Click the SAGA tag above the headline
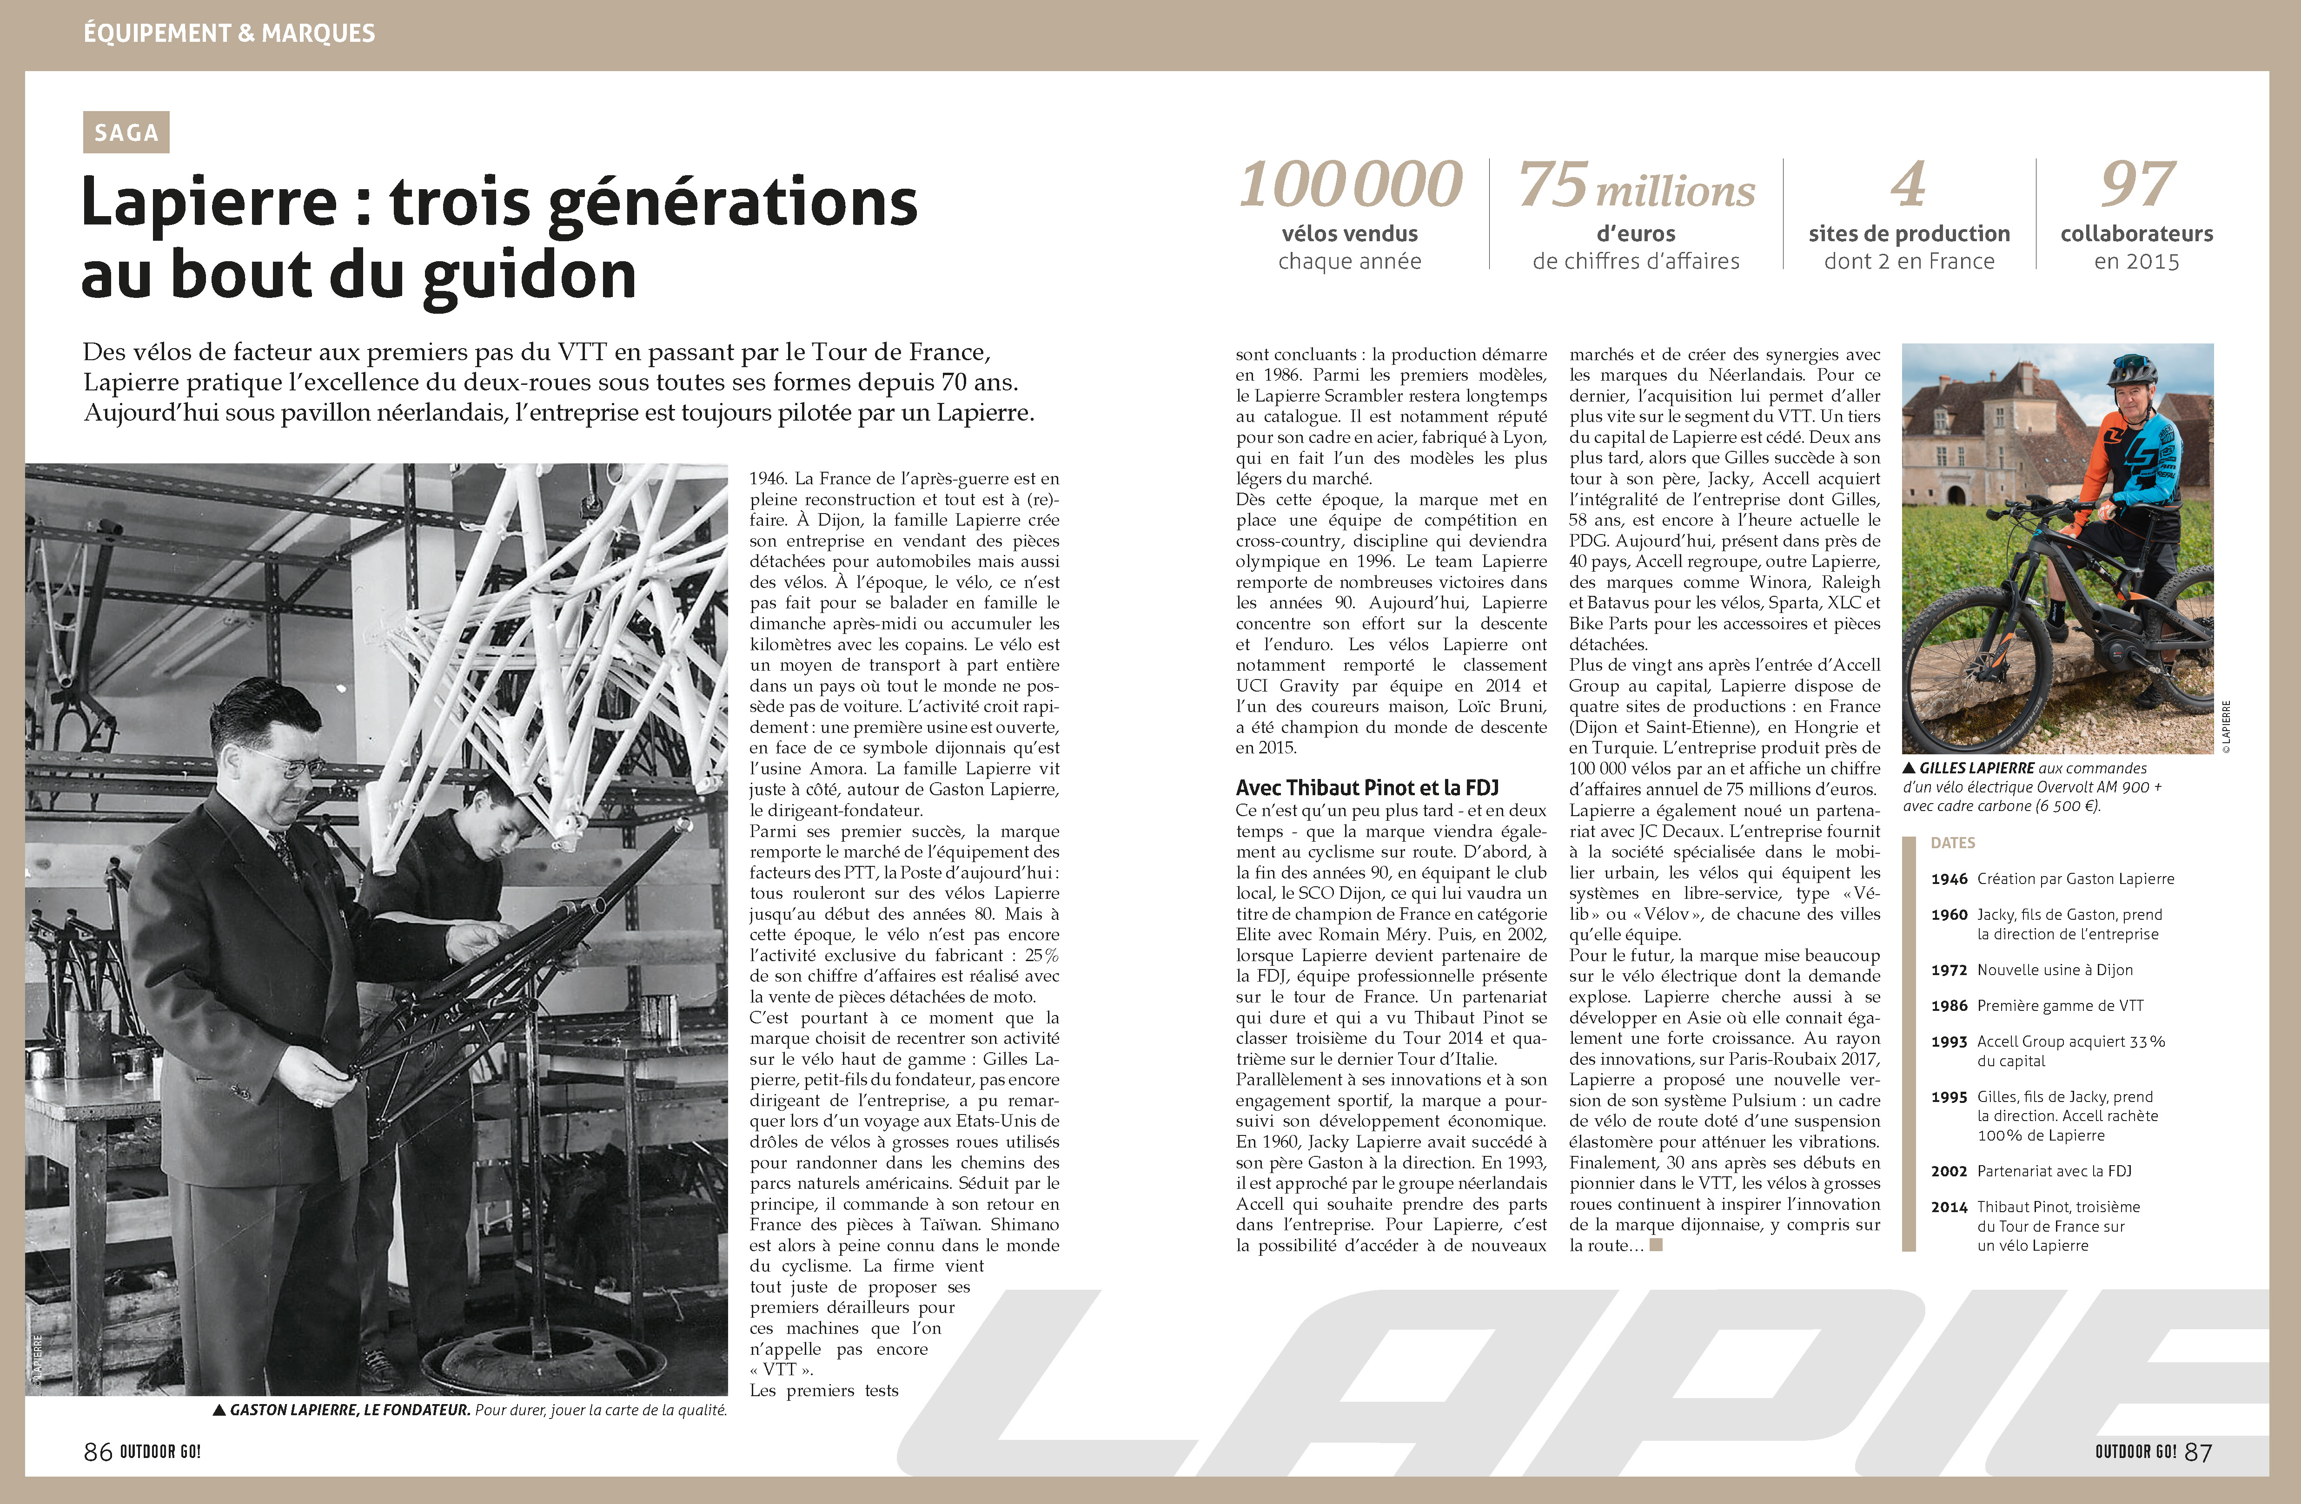click(x=126, y=132)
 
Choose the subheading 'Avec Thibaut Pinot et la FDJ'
click(x=1367, y=788)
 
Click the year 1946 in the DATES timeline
click(x=1949, y=878)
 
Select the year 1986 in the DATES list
click(x=1949, y=1005)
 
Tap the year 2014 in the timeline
click(x=1949, y=1206)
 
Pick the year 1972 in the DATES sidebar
click(x=1949, y=970)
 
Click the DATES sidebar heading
click(x=1953, y=843)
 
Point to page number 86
click(x=98, y=1452)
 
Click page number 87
click(x=2198, y=1452)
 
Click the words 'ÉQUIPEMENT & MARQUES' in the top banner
click(x=229, y=33)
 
